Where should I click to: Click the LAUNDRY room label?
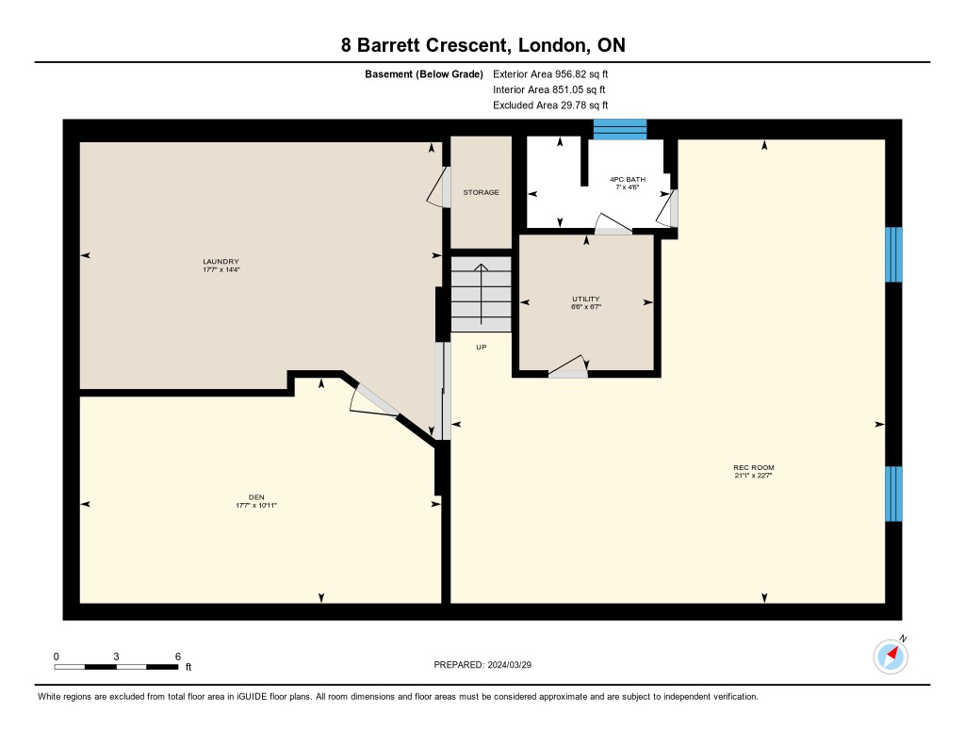(221, 262)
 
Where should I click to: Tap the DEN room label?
(256, 497)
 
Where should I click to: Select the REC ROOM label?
(754, 467)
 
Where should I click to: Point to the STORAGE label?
(482, 192)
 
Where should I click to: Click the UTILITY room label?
(586, 299)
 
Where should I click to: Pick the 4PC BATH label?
(628, 180)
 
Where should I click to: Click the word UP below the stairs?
(482, 348)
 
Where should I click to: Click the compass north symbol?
(891, 656)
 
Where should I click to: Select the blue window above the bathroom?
(620, 129)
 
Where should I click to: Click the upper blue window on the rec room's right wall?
(893, 254)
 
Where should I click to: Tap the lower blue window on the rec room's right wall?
(893, 494)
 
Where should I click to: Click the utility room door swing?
(568, 366)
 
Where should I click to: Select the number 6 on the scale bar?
(178, 656)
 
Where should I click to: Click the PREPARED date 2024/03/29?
(510, 665)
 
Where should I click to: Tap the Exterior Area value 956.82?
(570, 74)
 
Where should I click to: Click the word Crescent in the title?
(467, 45)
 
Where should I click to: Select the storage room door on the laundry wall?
(438, 187)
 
